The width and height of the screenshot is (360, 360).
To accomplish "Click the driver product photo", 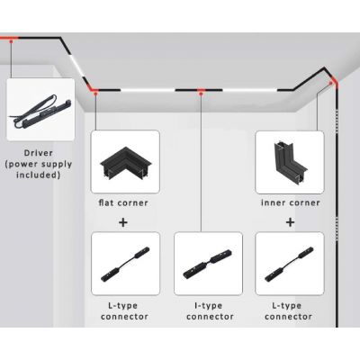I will [x=40, y=109].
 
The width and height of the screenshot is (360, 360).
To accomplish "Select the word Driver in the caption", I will [x=39, y=153].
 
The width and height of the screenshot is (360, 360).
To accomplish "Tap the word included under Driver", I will [x=39, y=175].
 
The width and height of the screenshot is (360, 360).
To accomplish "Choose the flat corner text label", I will [x=124, y=202].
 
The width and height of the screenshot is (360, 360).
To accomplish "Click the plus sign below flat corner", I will [x=124, y=220].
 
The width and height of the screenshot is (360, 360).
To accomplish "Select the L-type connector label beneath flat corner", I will [x=125, y=310].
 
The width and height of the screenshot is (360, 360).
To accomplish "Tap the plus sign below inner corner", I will [x=290, y=220].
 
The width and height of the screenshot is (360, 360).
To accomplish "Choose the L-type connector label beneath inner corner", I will [x=290, y=310].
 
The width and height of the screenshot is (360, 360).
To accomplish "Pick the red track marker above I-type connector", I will [x=202, y=90].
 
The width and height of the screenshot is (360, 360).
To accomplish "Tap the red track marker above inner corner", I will [x=332, y=82].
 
